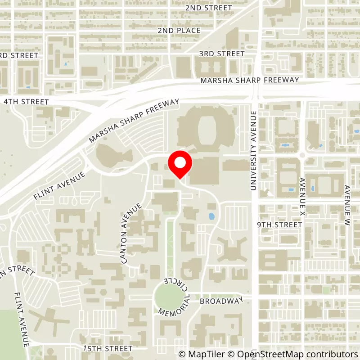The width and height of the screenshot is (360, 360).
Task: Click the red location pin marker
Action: click(180, 165)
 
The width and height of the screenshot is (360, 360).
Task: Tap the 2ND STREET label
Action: click(208, 8)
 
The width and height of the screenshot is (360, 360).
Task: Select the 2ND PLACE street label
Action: click(179, 31)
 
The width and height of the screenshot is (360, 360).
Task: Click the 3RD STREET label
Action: click(222, 54)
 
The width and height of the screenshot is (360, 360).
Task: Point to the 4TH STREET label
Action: click(26, 102)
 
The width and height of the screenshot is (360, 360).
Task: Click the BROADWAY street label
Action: click(221, 300)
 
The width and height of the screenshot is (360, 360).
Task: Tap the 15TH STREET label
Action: click(108, 349)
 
